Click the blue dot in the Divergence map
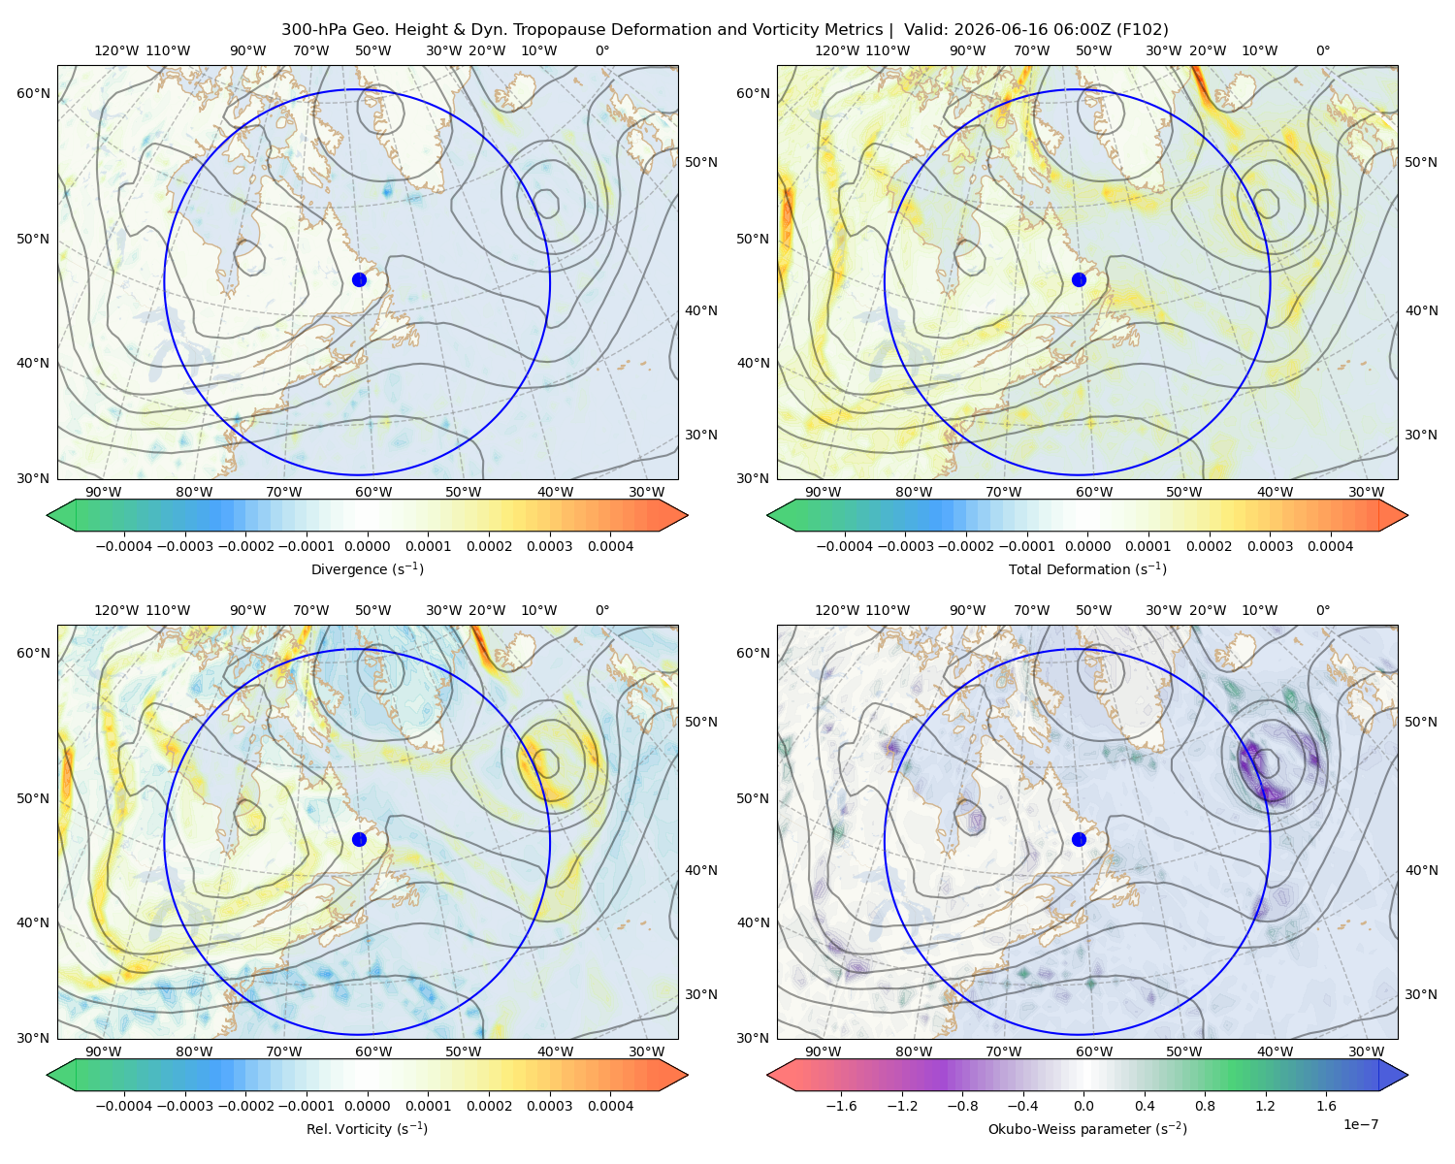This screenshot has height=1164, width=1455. [359, 280]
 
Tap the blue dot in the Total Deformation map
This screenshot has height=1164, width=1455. [1079, 280]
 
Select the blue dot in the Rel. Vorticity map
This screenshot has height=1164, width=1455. [359, 839]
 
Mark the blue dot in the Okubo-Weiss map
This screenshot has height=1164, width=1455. [1079, 839]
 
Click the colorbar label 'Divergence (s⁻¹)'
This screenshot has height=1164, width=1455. [367, 569]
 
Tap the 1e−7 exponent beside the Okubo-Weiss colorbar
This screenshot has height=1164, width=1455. [1360, 1125]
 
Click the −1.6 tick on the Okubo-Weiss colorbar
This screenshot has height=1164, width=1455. [841, 1106]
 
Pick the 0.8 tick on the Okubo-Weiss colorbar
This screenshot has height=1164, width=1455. [1205, 1106]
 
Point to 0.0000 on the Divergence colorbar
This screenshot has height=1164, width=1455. [367, 546]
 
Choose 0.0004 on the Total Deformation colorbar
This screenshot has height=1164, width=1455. [1330, 546]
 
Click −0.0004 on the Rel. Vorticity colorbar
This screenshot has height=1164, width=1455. [124, 1106]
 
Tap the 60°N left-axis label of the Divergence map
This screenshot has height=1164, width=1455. [33, 93]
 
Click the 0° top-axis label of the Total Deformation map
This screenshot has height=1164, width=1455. [1322, 50]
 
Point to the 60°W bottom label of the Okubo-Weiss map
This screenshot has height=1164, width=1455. [1093, 1051]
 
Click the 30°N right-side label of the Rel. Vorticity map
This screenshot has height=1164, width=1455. [701, 994]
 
